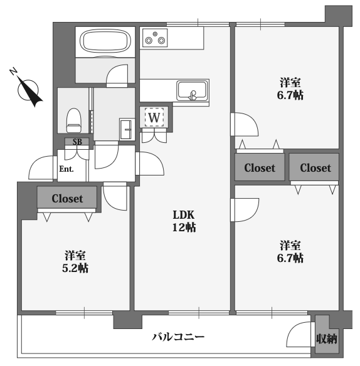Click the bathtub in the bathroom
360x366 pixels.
(x=105, y=41)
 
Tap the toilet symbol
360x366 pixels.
(x=73, y=120)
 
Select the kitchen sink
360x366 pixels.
(x=193, y=90)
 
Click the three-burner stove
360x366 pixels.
(x=155, y=38)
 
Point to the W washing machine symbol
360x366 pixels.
(x=154, y=117)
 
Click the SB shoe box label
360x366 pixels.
(x=77, y=142)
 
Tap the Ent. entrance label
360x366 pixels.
(x=66, y=169)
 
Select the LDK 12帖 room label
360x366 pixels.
(x=184, y=221)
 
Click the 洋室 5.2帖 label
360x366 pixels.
(x=75, y=262)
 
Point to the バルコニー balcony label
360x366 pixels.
(x=178, y=337)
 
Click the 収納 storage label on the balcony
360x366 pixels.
(x=327, y=338)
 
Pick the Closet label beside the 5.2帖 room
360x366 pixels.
(x=67, y=199)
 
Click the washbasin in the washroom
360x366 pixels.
(x=127, y=129)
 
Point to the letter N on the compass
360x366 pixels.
(x=14, y=71)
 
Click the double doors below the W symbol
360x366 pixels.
(x=154, y=137)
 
